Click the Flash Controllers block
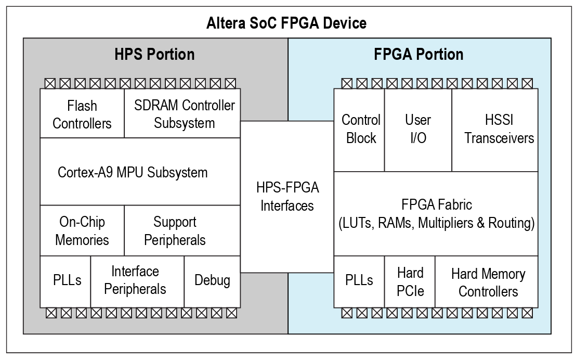(x=82, y=113)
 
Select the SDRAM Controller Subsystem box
(x=182, y=113)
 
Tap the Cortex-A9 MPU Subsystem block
(x=140, y=172)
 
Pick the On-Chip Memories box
(x=82, y=230)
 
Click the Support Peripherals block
(x=182, y=230)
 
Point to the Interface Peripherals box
(x=137, y=281)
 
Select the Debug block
(x=212, y=281)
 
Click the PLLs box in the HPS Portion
(x=66, y=281)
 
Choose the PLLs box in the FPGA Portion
(x=359, y=281)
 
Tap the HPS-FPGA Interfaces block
(x=287, y=197)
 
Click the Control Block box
(x=359, y=130)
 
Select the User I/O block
(x=418, y=130)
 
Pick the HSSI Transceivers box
(x=495, y=130)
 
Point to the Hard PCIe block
(x=410, y=281)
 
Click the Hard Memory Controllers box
(x=487, y=281)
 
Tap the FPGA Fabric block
(x=436, y=214)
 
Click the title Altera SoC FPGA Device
(x=286, y=23)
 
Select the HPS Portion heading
(x=154, y=54)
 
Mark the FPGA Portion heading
(x=419, y=54)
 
